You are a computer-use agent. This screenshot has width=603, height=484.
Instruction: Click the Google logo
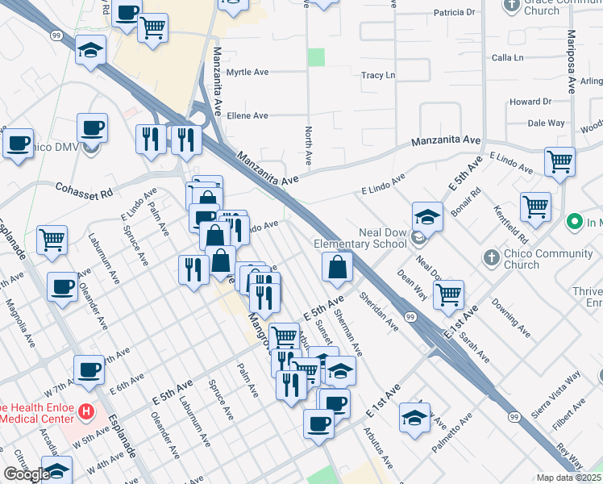point(27,474)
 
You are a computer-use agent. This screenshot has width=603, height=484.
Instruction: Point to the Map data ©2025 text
point(568,478)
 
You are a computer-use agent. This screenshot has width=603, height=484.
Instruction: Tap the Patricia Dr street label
point(454,12)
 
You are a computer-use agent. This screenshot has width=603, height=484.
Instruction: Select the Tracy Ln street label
point(378,76)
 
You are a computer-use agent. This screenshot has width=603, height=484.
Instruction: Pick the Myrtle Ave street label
point(247,72)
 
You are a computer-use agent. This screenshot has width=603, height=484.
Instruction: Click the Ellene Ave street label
point(247,116)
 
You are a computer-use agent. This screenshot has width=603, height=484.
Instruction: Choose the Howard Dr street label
point(530,102)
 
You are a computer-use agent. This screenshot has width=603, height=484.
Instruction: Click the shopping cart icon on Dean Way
point(448,294)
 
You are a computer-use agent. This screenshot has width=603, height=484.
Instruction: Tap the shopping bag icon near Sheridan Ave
point(337,267)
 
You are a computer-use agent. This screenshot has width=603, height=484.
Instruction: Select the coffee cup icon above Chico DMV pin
point(92,127)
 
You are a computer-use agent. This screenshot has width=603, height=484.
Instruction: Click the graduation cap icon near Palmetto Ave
point(414,418)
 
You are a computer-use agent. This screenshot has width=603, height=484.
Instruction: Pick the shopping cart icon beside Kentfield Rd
point(535,208)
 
